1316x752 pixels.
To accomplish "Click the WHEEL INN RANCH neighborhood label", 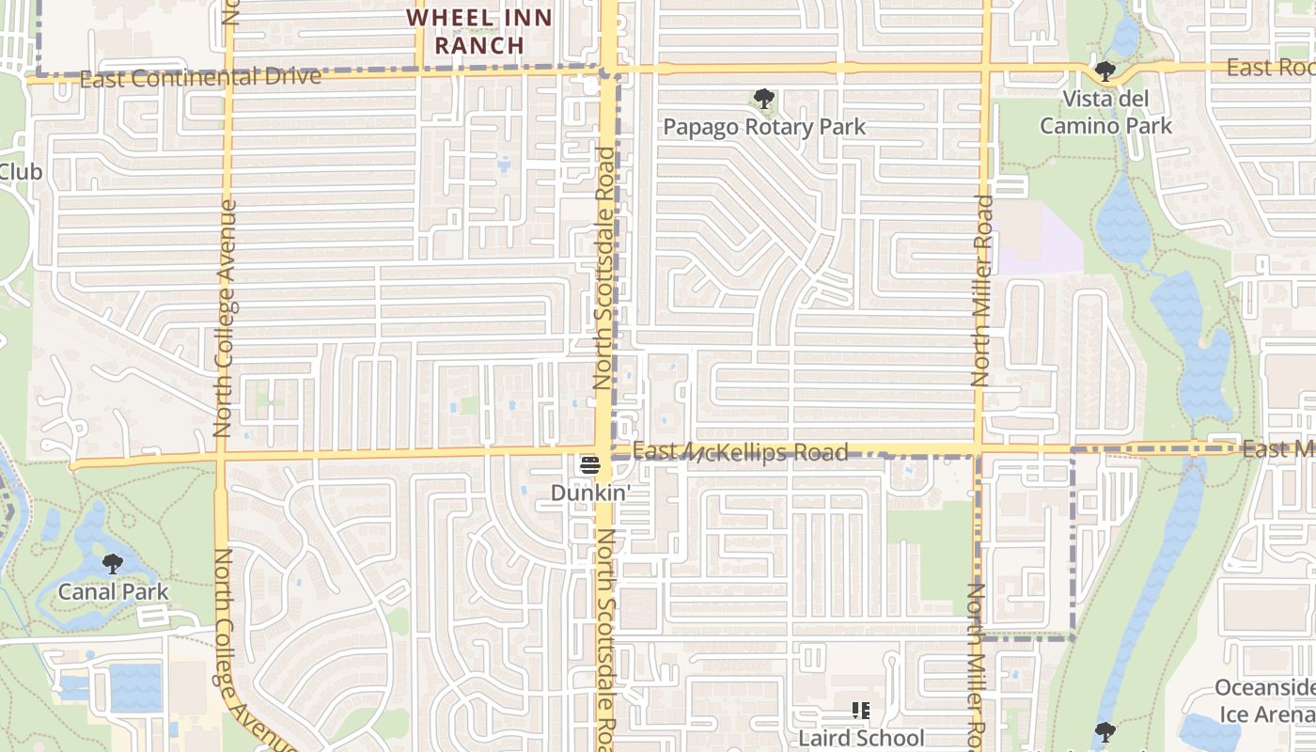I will [478, 30].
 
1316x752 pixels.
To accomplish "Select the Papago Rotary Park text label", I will [764, 127].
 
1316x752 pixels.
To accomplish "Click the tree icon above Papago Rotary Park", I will [764, 99].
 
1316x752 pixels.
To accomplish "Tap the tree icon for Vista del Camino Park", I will [1105, 71].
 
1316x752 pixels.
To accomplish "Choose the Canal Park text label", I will [113, 591].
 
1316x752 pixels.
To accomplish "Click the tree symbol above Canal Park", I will [113, 564].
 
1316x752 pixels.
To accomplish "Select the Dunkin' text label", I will [590, 492].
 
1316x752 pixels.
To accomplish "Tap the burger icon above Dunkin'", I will [590, 464].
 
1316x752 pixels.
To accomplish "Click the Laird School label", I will [861, 738].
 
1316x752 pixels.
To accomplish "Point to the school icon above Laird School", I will [861, 712].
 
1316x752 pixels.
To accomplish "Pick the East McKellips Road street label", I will [740, 453].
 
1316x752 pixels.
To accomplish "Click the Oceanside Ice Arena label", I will [1264, 701].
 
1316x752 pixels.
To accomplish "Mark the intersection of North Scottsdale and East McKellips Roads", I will [604, 451].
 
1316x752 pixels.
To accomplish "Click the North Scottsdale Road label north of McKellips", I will [604, 268].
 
